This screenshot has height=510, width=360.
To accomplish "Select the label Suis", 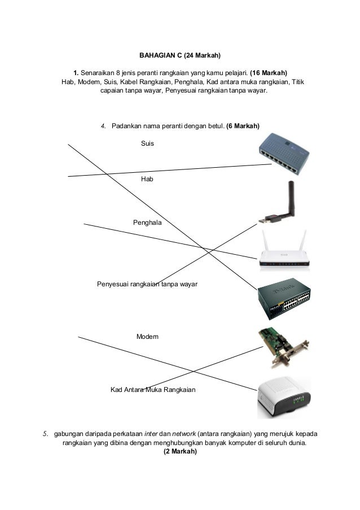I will coord(147,144).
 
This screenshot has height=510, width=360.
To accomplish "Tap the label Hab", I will coord(147,178).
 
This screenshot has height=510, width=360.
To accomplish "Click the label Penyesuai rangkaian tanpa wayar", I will coord(147,284).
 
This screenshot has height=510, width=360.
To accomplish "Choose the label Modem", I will coord(147,337).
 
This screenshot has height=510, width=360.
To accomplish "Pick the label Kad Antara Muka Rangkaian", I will coord(153,390).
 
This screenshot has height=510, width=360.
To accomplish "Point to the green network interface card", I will coord(282,346).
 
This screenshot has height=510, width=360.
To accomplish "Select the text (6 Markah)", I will coord(242,125).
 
